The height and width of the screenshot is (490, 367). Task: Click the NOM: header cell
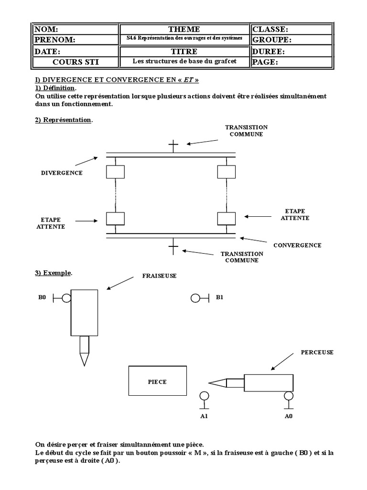tap(74, 30)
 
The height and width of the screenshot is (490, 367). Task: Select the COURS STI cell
tap(74, 62)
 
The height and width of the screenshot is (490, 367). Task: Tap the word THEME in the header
tap(184, 29)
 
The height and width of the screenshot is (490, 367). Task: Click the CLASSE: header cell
tap(291, 30)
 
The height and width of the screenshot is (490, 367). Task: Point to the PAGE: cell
tap(291, 62)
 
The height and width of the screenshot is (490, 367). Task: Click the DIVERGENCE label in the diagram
tap(62, 173)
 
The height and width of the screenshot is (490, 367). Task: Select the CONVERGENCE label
tap(297, 245)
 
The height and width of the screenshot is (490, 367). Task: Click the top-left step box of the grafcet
tap(115, 171)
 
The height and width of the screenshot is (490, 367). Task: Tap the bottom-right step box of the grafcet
tap(226, 218)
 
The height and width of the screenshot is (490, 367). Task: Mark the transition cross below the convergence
tap(173, 247)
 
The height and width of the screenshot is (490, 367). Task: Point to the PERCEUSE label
tap(317, 352)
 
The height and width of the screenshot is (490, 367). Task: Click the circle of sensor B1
tap(195, 299)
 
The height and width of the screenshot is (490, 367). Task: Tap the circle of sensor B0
tap(66, 299)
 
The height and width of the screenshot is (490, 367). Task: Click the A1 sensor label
tap(204, 416)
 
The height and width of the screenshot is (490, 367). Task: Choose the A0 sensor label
tap(288, 416)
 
